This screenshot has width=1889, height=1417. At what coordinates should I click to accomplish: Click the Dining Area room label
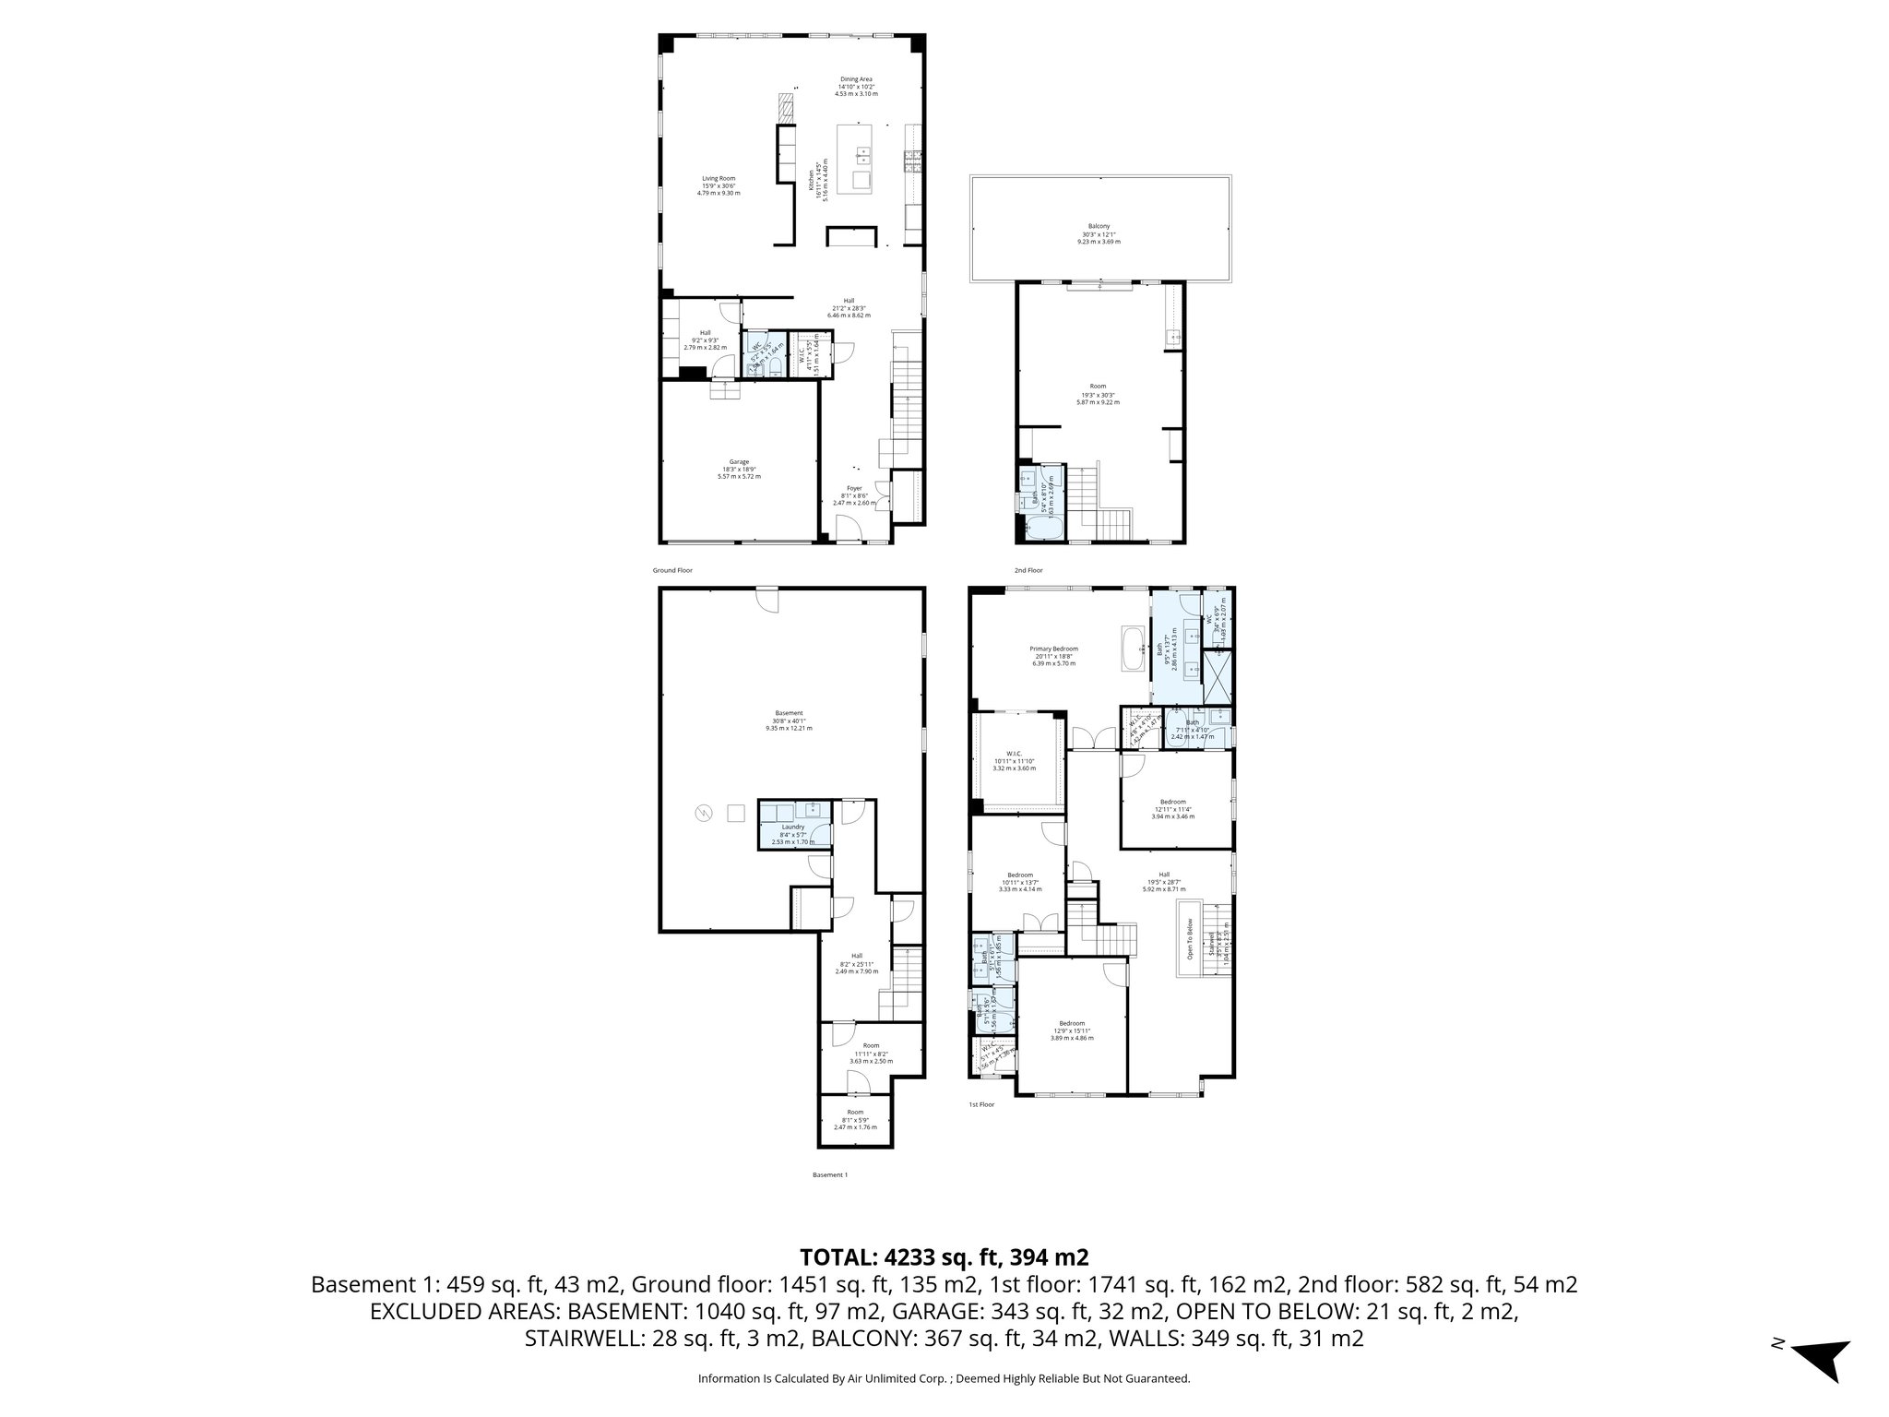pyautogui.click(x=856, y=87)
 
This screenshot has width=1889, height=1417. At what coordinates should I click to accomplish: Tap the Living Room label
pyautogui.click(x=719, y=185)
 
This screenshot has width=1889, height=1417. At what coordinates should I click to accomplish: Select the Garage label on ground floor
pyautogui.click(x=739, y=469)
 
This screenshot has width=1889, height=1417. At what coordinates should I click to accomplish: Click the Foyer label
pyautogui.click(x=854, y=495)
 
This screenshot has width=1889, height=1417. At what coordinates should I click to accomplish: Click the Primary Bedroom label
pyautogui.click(x=1053, y=656)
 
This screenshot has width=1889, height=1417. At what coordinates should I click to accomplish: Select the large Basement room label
pyautogui.click(x=789, y=720)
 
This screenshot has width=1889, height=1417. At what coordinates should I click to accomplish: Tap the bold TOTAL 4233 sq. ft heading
pyautogui.click(x=944, y=1256)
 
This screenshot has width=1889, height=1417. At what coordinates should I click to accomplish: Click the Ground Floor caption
pyautogui.click(x=672, y=570)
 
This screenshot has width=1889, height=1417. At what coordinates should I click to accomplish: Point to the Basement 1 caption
pyautogui.click(x=829, y=1174)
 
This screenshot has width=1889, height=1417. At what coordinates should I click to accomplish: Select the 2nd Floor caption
pyautogui.click(x=1028, y=570)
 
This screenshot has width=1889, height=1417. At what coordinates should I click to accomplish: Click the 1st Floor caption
pyautogui.click(x=980, y=1104)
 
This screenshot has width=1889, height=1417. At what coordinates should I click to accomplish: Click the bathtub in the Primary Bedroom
pyautogui.click(x=1132, y=649)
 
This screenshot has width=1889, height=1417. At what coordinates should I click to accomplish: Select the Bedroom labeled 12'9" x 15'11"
pyautogui.click(x=1072, y=1030)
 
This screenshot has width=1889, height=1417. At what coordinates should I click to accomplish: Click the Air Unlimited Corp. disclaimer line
pyautogui.click(x=944, y=1379)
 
